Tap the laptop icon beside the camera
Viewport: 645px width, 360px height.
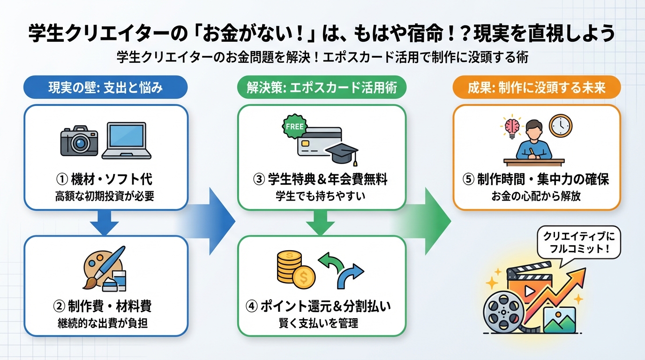[x=127, y=140]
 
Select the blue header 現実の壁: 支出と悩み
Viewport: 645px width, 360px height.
[x=105, y=87]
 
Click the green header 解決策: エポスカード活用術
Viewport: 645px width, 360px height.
[x=321, y=87]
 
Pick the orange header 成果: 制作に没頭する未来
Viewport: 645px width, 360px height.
[x=536, y=87]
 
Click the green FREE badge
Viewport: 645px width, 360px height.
[x=294, y=127]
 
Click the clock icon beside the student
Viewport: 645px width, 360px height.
[x=560, y=126]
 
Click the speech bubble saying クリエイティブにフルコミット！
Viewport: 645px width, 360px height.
[x=578, y=242]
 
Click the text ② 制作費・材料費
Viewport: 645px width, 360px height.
[x=105, y=307]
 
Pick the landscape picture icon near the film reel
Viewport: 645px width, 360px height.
[x=559, y=320]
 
